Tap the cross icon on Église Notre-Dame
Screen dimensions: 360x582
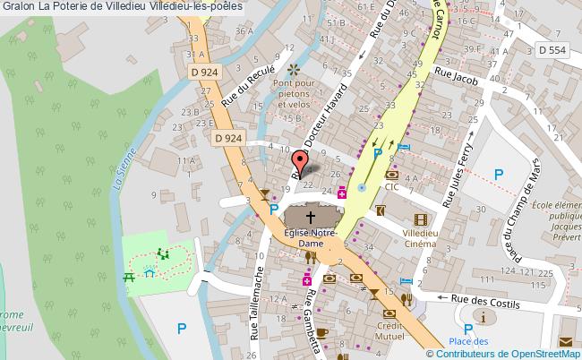point(312,217)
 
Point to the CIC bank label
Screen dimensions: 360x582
point(392,187)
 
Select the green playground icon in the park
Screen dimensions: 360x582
point(163,255)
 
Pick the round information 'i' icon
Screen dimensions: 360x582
point(484,318)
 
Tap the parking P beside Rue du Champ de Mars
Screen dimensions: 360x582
point(499,175)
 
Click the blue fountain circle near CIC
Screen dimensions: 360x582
point(361,188)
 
